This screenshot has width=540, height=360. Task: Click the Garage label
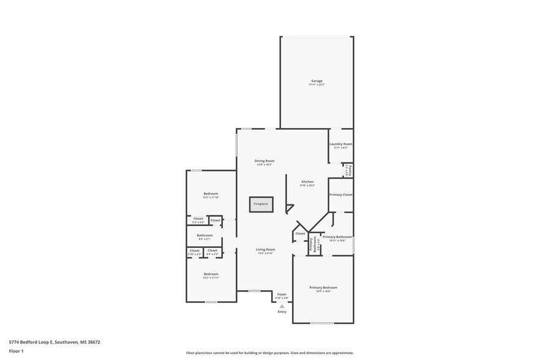point(317,81)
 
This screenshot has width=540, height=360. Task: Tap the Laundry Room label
point(340,144)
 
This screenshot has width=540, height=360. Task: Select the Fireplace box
point(261,204)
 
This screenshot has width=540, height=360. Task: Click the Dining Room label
point(264,161)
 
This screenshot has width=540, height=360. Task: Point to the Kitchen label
point(307,182)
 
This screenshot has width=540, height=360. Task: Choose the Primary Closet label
point(340,195)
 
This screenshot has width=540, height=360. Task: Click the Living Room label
point(265,249)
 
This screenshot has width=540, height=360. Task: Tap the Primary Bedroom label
point(323,287)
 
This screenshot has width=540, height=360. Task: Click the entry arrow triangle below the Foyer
point(282,306)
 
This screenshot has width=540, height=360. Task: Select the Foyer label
point(282,294)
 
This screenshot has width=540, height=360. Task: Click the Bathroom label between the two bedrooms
point(204,236)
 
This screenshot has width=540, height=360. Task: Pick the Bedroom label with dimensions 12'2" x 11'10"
point(211,193)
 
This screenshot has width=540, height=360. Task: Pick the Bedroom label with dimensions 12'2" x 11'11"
point(211,274)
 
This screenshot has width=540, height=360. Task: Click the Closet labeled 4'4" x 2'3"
point(212,250)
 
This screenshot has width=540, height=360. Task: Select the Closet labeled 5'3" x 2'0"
point(198,219)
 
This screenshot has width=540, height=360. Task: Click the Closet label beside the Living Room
point(300,233)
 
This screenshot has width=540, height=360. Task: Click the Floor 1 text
point(16,351)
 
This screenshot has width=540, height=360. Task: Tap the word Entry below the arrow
point(282,312)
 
